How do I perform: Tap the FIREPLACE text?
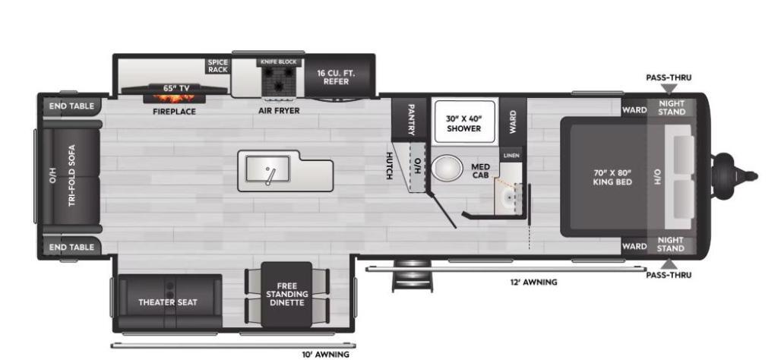tap(174, 112)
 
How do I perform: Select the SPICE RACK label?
tap(217, 66)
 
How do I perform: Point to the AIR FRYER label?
tap(278, 111)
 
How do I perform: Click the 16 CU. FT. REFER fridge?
tap(336, 77)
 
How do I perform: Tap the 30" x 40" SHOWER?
tap(463, 123)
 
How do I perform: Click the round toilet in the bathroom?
tap(448, 168)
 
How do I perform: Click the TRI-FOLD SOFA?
tap(71, 176)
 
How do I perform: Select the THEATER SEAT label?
tap(167, 302)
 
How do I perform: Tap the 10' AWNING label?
tap(325, 354)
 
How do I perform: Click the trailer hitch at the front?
tap(735, 175)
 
